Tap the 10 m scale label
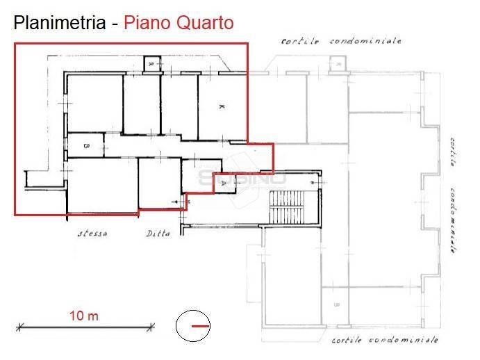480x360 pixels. click(83, 316)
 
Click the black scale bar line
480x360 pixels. click(83, 325)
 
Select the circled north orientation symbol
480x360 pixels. click(192, 325)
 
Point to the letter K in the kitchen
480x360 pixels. click(221, 107)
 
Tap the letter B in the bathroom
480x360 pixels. click(85, 146)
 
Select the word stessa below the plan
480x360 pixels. click(92, 234)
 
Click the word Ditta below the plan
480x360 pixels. click(158, 234)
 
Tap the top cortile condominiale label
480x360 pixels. click(341, 41)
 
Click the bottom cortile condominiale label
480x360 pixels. click(384, 341)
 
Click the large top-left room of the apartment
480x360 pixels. click(94, 103)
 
